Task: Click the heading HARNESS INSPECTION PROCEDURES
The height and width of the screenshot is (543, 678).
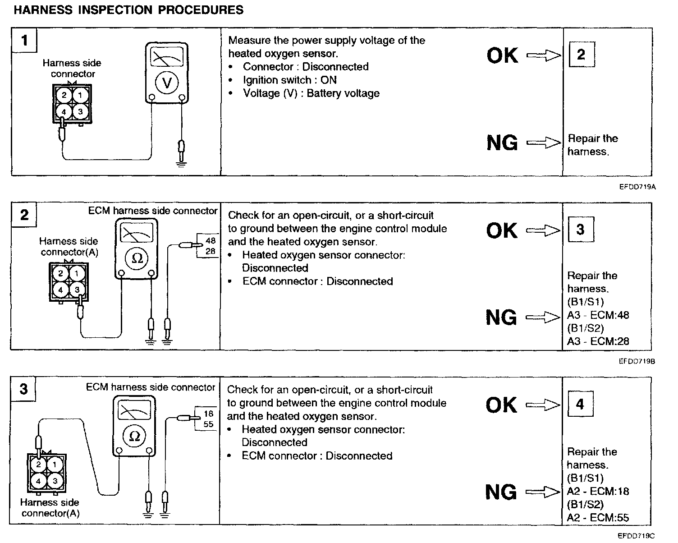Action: coord(129,10)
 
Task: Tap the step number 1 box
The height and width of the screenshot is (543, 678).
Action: coord(24,41)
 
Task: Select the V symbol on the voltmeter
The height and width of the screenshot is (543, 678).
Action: coord(167,83)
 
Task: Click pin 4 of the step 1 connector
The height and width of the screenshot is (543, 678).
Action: coord(64,112)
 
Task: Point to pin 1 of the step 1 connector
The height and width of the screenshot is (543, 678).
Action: coord(81,95)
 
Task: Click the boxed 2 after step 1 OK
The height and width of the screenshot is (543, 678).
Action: coord(581,55)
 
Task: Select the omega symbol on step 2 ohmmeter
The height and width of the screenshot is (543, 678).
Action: coord(137,258)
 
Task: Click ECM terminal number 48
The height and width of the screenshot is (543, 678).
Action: coord(211,241)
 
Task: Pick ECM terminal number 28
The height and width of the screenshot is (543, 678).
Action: coord(211,251)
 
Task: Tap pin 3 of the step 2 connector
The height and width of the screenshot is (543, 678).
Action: coord(77,290)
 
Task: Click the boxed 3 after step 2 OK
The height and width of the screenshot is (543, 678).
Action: coord(580,230)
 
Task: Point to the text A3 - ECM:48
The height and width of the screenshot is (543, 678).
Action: coord(598,315)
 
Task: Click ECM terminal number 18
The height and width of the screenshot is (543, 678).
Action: coord(208,414)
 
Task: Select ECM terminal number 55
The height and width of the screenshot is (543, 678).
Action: coord(208,424)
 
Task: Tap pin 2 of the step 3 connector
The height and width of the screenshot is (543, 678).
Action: coord(39,465)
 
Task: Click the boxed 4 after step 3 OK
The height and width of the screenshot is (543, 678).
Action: coord(580,404)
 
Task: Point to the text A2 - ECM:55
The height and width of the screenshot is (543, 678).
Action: coord(598,518)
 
